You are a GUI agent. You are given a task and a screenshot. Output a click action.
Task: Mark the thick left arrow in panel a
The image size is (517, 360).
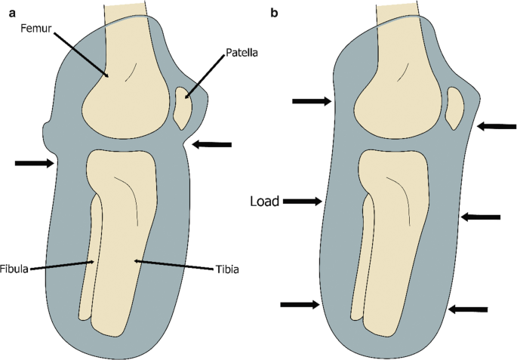click(35, 162)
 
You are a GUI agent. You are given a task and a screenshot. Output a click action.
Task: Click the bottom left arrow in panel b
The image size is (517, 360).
click(301, 304)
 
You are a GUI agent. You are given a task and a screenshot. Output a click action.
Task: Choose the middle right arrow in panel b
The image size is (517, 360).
click(480, 217)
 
